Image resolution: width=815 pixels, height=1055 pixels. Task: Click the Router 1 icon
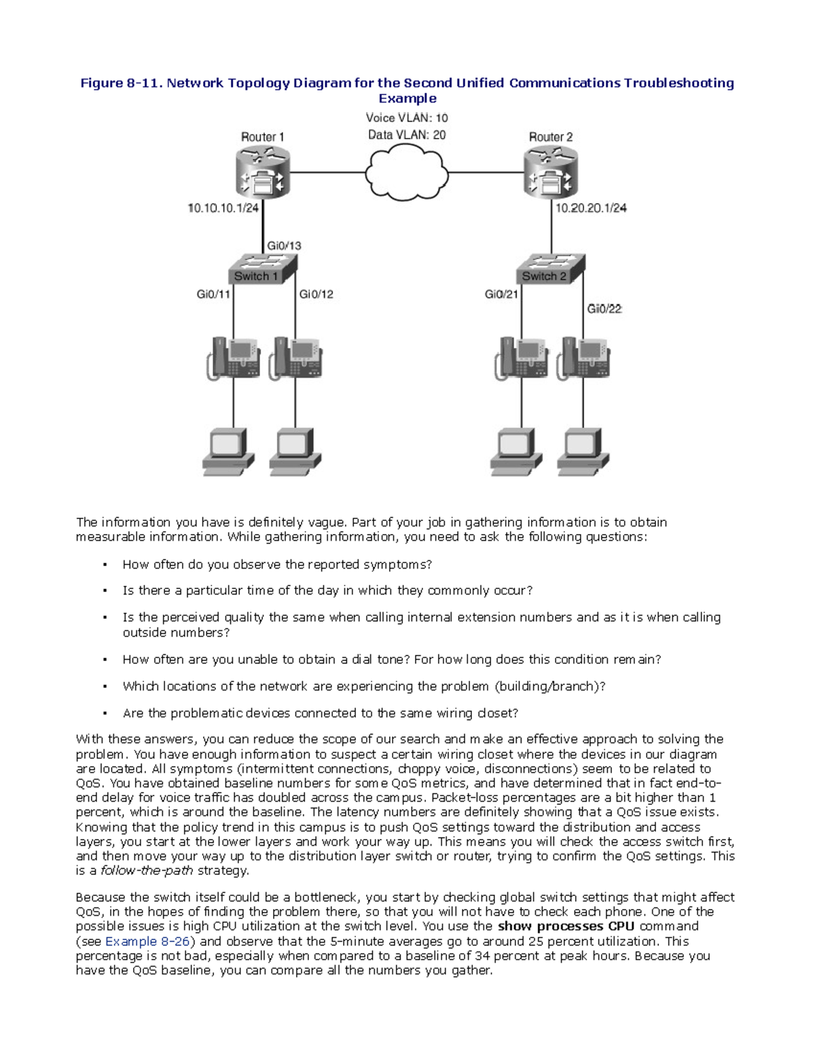coord(263,173)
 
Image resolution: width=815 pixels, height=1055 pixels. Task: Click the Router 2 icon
coord(551,173)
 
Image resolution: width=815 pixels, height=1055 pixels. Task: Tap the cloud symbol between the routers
coord(407,173)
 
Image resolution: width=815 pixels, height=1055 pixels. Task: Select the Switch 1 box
coord(261,270)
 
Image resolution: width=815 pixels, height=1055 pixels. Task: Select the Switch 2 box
coord(549,270)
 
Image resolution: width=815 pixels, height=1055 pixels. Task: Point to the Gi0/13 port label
coord(284,246)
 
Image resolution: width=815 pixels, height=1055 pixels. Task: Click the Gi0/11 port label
coord(213,294)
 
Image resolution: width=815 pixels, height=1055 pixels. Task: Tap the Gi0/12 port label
coord(316,294)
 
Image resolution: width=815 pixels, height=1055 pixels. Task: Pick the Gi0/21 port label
coord(501,294)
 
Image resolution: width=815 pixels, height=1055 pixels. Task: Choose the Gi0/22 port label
coord(604,309)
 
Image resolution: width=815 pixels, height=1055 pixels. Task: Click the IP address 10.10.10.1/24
coord(223,208)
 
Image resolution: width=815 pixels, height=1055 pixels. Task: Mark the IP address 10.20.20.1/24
coord(591,208)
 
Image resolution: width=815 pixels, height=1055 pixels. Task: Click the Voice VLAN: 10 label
coord(407,118)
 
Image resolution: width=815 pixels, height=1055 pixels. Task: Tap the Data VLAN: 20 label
coord(407,135)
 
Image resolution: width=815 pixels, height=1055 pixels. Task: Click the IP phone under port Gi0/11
coord(233,358)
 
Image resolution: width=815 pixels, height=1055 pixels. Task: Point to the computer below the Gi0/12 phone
coord(295,450)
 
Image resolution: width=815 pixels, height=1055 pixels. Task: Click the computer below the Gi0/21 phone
coord(516,450)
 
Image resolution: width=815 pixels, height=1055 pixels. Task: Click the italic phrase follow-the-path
coord(147,871)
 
